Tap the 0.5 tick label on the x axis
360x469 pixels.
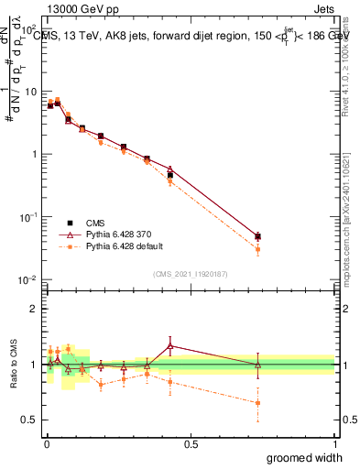click(191, 443)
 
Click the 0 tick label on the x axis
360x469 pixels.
click(46, 443)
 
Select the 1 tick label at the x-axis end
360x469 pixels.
click(334, 443)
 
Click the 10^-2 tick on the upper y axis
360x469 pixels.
click(30, 279)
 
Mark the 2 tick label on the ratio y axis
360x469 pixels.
click(35, 309)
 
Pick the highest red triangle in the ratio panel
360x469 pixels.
click(170, 345)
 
